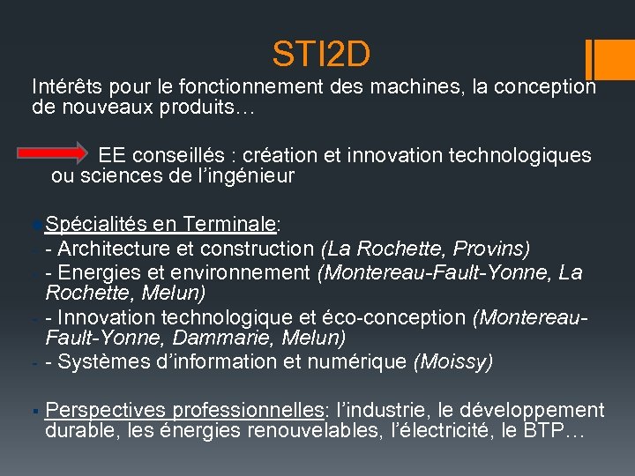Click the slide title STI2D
[x=322, y=55]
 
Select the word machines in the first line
[x=422, y=87]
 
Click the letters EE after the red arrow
[x=111, y=155]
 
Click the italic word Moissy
[x=455, y=361]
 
